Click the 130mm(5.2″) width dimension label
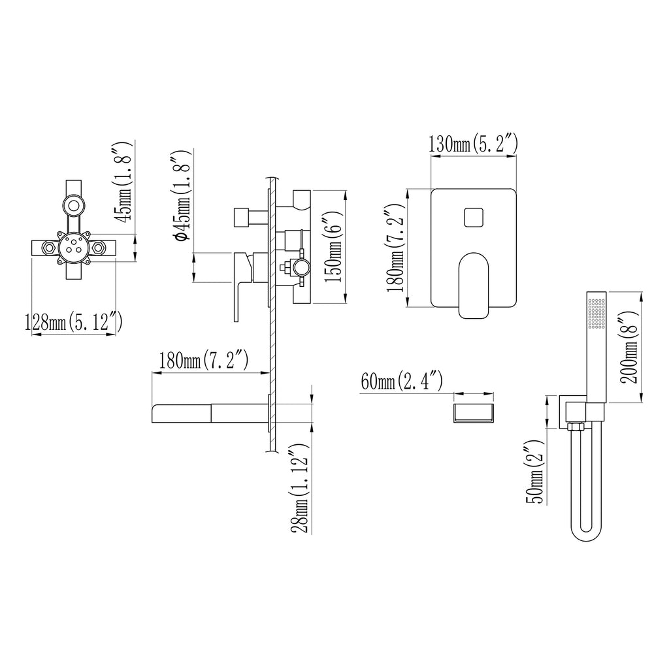pyautogui.click(x=473, y=144)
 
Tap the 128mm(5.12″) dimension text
pyautogui.click(x=74, y=322)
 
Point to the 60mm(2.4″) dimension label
pyautogui.click(x=402, y=381)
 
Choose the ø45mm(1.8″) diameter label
pyautogui.click(x=180, y=195)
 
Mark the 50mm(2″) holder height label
pyautogui.click(x=536, y=473)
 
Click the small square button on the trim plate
pyautogui.click(x=474, y=218)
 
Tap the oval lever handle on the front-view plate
pyautogui.click(x=474, y=285)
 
